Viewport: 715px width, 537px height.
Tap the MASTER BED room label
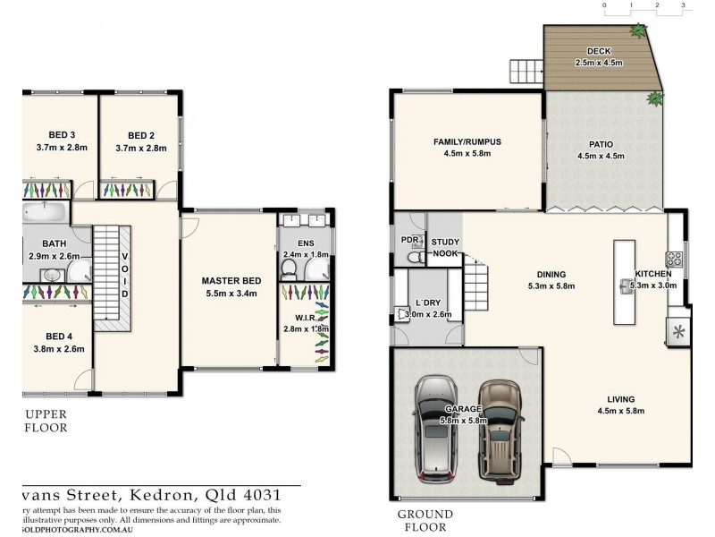click(231, 281)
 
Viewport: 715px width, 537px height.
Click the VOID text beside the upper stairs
click(125, 276)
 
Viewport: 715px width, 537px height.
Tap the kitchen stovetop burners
click(675, 260)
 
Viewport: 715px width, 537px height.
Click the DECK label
click(599, 51)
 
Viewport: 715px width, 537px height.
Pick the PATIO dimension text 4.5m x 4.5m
click(601, 155)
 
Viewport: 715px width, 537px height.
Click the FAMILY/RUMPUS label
click(467, 141)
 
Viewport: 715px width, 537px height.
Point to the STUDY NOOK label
click(445, 248)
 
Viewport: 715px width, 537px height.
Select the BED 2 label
click(141, 136)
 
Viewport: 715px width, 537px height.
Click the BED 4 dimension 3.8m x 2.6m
click(60, 349)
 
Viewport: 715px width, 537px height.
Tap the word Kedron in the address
click(122, 494)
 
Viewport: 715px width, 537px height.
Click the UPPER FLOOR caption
click(46, 422)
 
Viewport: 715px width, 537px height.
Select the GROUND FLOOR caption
click(425, 521)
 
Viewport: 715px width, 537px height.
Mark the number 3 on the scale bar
click(683, 5)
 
